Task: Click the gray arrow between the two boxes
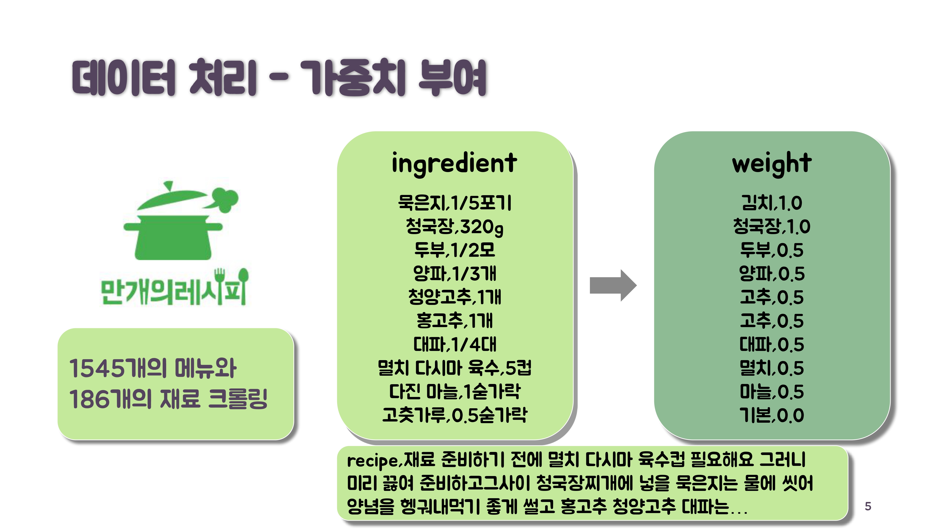(x=612, y=286)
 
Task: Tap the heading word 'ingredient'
(x=454, y=164)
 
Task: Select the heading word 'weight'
(x=772, y=164)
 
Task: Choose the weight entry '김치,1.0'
(x=772, y=203)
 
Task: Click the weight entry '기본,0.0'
(x=772, y=415)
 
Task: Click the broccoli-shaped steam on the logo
(x=224, y=200)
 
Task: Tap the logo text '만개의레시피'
(x=173, y=291)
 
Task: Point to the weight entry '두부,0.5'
(x=772, y=250)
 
